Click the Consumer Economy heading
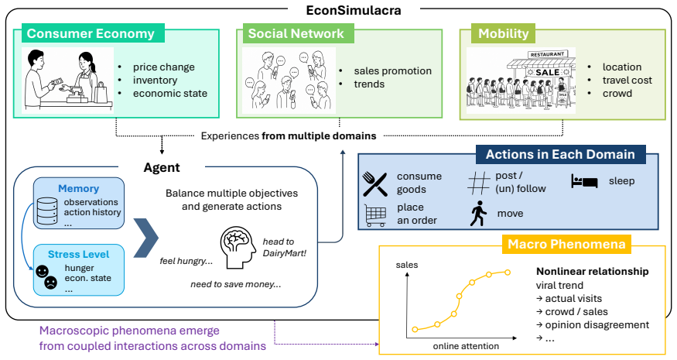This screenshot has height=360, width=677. click(x=91, y=33)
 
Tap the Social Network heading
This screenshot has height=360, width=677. click(x=296, y=33)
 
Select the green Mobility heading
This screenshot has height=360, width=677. click(x=504, y=33)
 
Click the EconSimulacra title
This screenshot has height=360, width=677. click(x=354, y=10)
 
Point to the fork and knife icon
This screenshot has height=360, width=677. click(x=374, y=183)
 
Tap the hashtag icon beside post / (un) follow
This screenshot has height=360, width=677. click(x=479, y=183)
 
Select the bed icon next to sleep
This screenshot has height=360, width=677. click(x=583, y=181)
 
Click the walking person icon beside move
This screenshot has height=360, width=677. click(x=478, y=214)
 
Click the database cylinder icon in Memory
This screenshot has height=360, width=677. click(x=47, y=211)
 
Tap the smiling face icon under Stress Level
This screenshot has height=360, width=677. click(x=42, y=272)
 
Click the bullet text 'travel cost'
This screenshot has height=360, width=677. click(x=627, y=80)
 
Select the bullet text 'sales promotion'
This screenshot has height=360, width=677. click(x=392, y=71)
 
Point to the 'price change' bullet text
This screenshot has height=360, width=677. click(x=163, y=67)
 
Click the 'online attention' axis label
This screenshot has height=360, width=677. click(x=466, y=346)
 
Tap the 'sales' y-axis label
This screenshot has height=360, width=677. click(x=407, y=265)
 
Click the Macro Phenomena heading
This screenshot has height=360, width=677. click(x=566, y=244)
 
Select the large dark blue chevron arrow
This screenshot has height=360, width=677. click(x=146, y=238)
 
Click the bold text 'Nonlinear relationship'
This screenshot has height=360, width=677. click(x=593, y=272)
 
